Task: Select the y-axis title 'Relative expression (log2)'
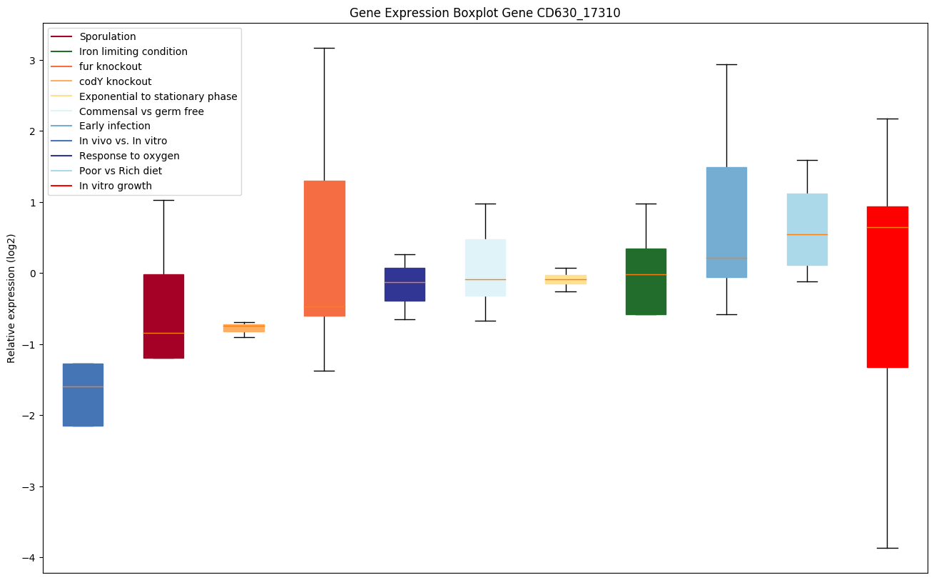pos(11,298)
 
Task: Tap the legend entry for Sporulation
pos(108,36)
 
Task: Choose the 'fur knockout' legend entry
pos(111,66)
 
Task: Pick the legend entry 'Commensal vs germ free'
pos(141,111)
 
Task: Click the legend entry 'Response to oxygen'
pos(129,156)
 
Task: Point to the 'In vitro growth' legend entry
pos(116,186)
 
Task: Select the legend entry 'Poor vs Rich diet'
pos(121,171)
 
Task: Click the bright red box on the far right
pos(887,286)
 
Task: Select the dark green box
pos(646,281)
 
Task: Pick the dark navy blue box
pos(405,284)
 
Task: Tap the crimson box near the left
pos(163,316)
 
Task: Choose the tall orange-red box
pos(324,248)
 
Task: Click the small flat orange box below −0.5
pos(244,328)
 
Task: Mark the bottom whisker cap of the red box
pos(887,548)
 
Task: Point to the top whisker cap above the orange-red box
pos(324,48)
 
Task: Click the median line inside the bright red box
pos(887,227)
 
